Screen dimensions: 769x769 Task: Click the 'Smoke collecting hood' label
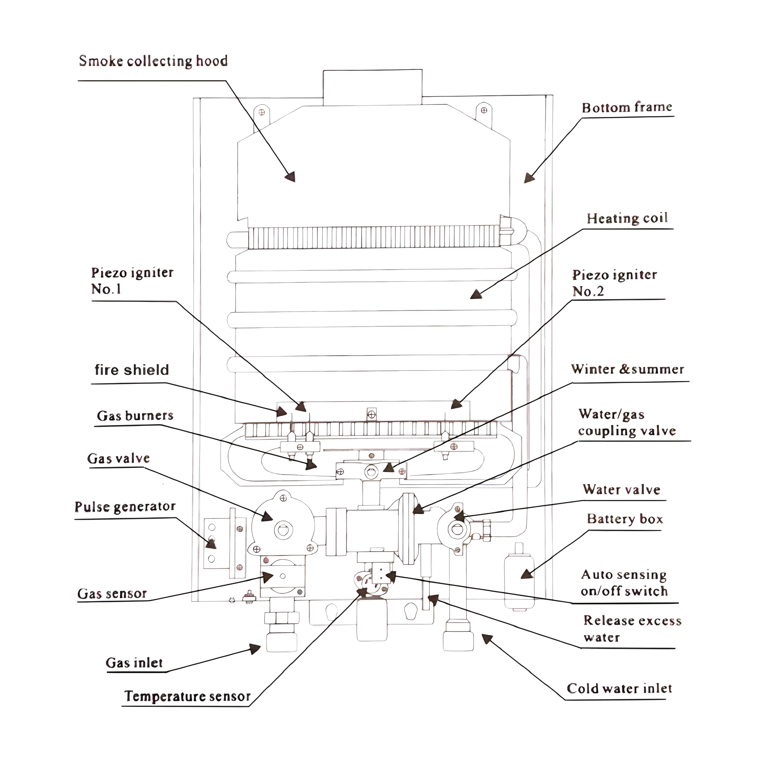pos(153,61)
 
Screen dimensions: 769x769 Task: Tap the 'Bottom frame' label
pos(627,108)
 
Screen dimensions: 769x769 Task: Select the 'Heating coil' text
pos(627,218)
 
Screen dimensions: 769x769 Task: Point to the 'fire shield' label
pos(132,370)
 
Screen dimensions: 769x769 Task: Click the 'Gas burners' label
pos(135,415)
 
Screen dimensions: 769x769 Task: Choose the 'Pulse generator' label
pos(125,507)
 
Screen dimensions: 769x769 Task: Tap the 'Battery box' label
pos(624,519)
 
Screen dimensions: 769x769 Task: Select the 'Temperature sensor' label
pos(188,696)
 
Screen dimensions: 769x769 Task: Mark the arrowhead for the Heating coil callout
pos(476,294)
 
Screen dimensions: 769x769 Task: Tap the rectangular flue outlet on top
pos(372,87)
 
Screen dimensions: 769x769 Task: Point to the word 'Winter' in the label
pos(593,369)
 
